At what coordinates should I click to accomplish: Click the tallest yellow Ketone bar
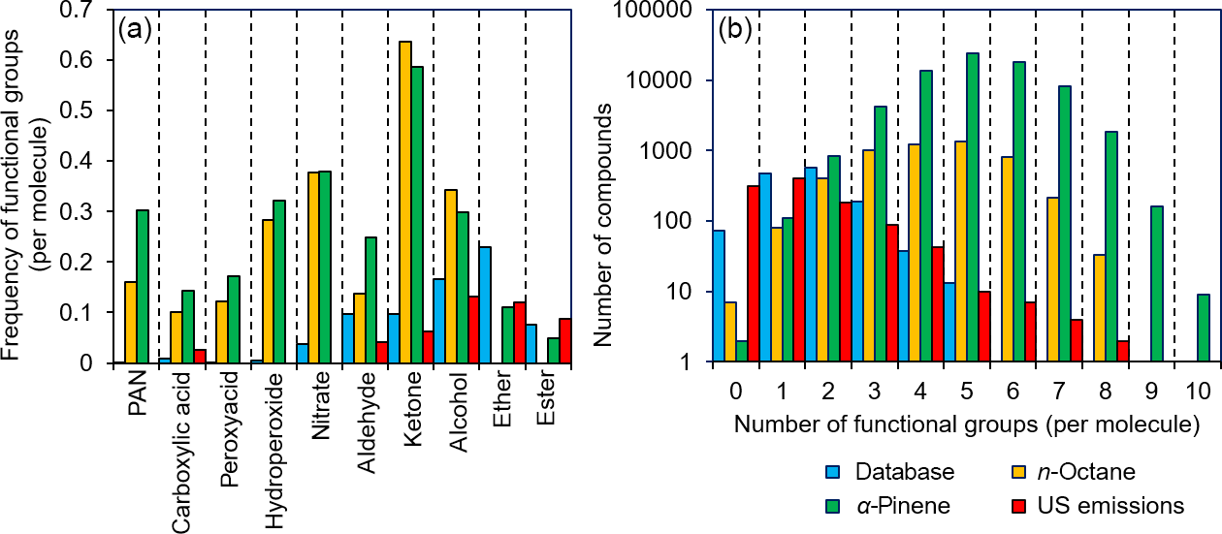tap(405, 203)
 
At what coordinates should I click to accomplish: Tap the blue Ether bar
tap(485, 305)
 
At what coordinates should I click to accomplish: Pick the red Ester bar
tap(565, 340)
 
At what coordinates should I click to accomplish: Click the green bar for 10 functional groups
tap(1204, 329)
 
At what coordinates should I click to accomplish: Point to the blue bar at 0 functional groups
tap(719, 296)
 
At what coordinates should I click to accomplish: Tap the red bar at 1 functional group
tap(799, 270)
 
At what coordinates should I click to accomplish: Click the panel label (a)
tap(133, 28)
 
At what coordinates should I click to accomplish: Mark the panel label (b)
tap(733, 28)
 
